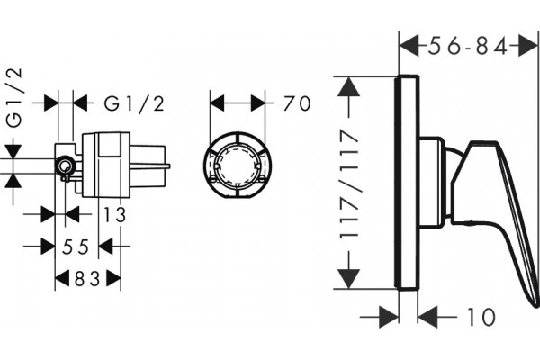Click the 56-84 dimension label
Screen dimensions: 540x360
tap(468, 46)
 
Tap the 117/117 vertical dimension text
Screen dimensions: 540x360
tap(350, 184)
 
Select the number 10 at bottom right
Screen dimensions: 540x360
tap(481, 317)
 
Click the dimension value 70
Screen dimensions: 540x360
tap(297, 103)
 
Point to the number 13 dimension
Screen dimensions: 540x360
tap(115, 214)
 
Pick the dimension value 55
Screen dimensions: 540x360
tap(76, 247)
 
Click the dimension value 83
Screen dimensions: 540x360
tap(87, 278)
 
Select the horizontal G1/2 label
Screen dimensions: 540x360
tap(134, 103)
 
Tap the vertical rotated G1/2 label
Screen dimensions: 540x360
tap(15, 97)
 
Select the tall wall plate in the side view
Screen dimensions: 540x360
tap(407, 183)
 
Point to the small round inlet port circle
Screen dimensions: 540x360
tap(64, 166)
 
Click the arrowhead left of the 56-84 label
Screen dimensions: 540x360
tap(409, 46)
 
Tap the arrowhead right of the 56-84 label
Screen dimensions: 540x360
tap(527, 46)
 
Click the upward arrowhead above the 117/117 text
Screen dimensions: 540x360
tap(349, 86)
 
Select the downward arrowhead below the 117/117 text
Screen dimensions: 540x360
tap(349, 279)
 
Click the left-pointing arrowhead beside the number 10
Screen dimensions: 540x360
tap(427, 317)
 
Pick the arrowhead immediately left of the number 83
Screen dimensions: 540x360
tap(62, 278)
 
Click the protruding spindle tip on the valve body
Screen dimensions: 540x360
tap(167, 166)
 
